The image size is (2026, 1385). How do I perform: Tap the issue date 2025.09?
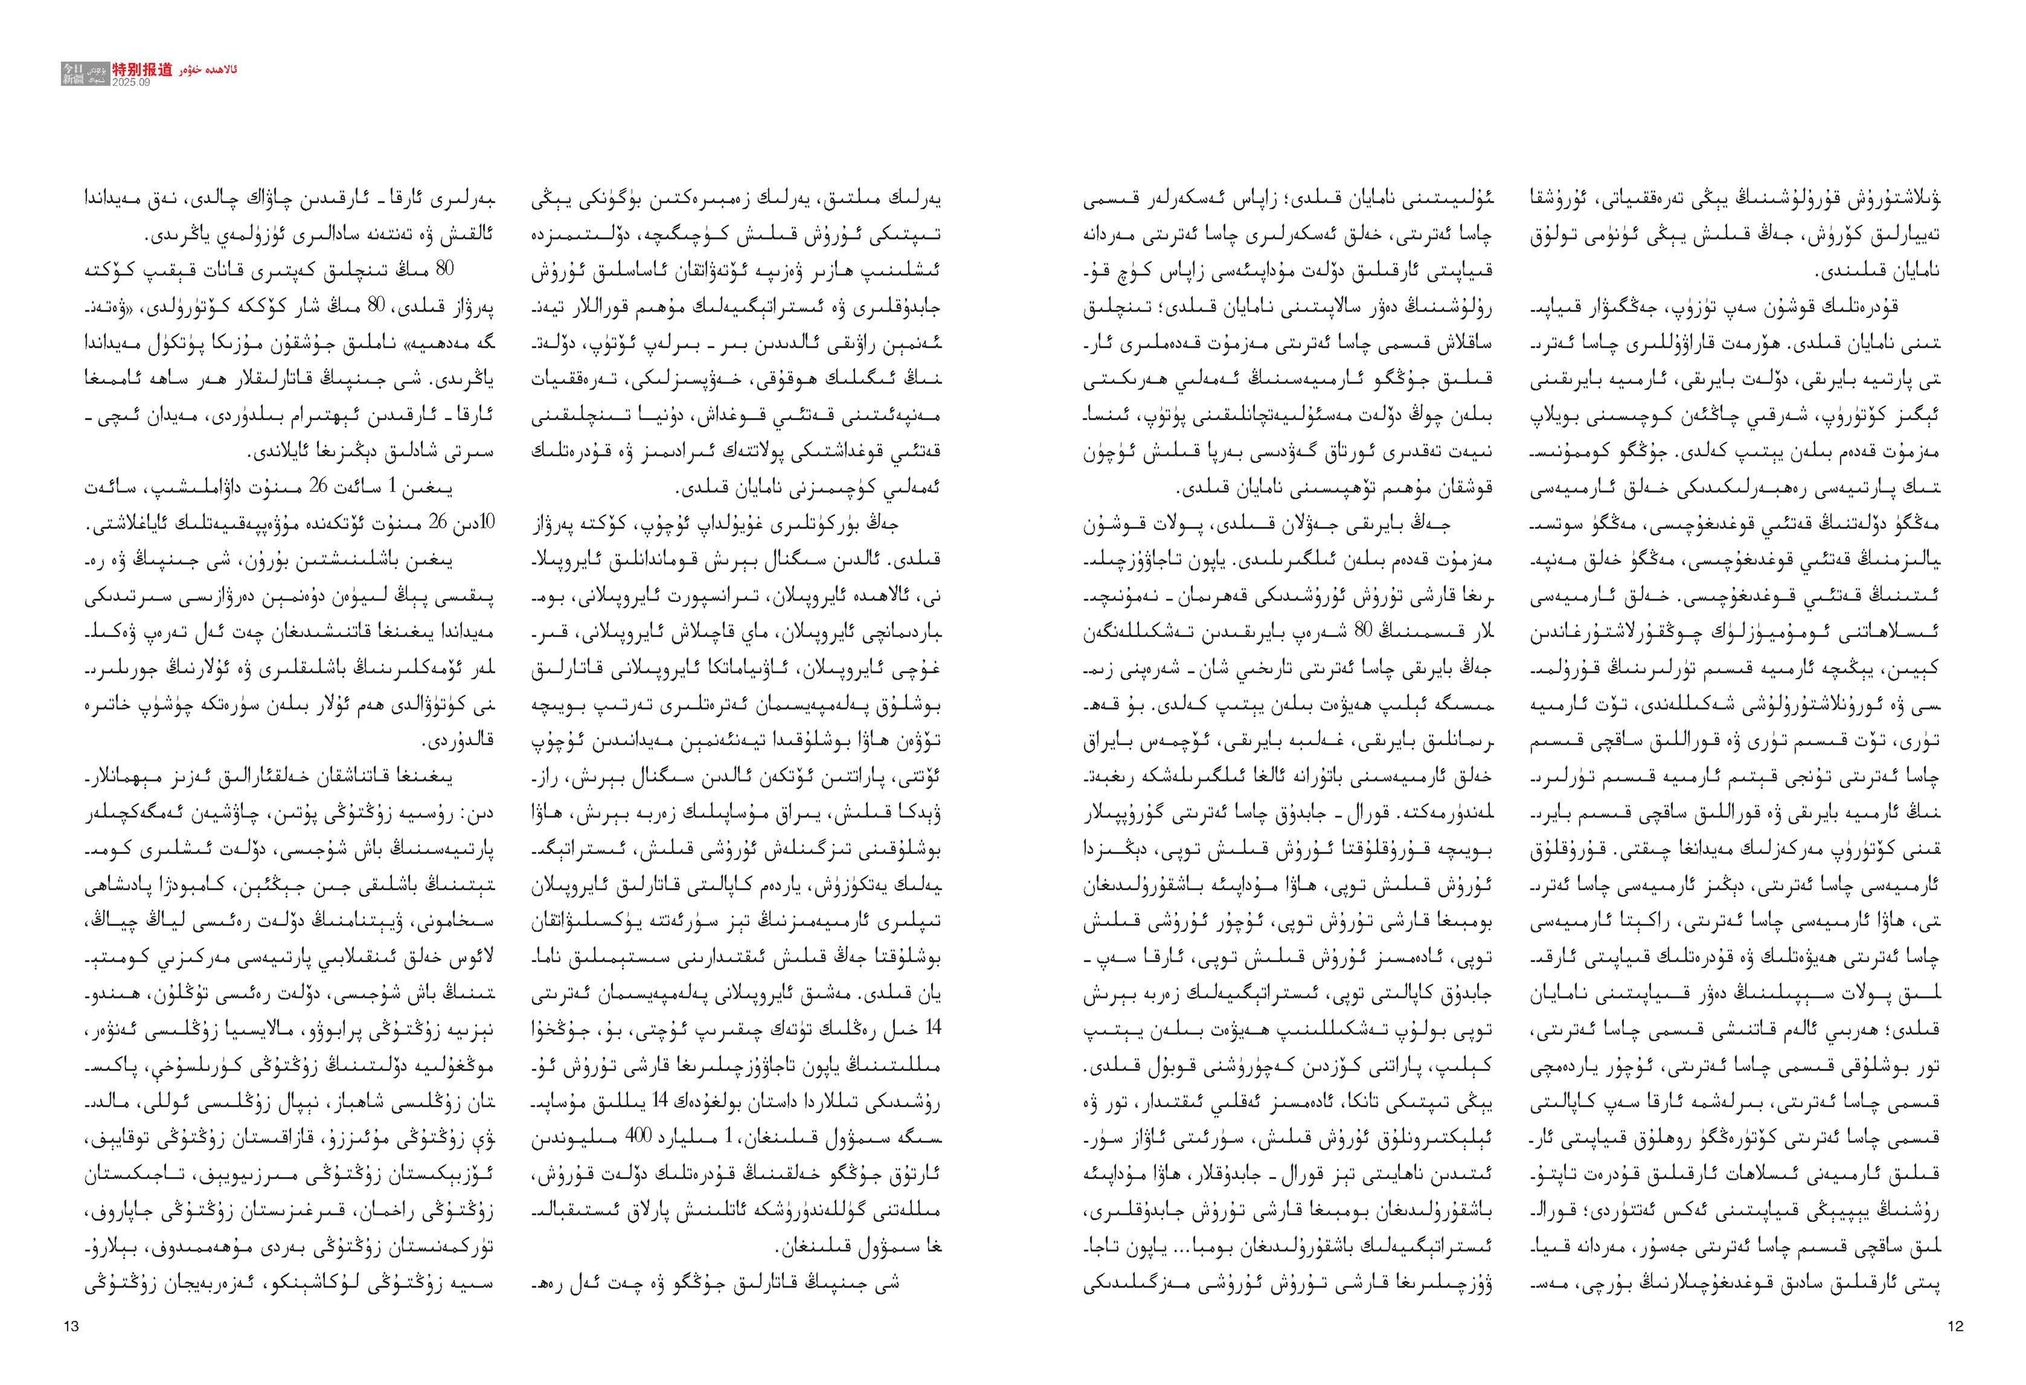(x=131, y=82)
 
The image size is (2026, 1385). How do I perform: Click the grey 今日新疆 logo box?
(x=73, y=73)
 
